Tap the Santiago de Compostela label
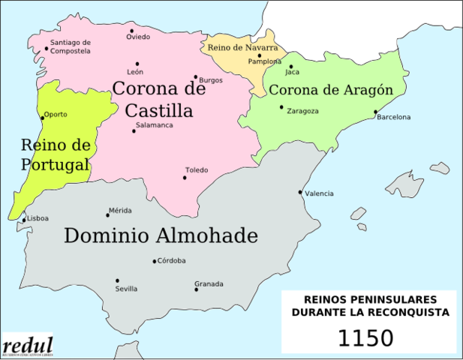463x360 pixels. (71, 46)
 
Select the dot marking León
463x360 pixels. (137, 64)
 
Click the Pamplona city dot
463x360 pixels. (259, 55)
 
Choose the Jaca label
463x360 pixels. (293, 73)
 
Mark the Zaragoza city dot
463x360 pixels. (281, 107)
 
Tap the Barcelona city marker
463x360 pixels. (375, 112)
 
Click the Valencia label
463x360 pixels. (319, 193)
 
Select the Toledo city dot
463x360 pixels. (185, 178)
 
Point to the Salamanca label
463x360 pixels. (155, 125)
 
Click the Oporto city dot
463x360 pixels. (41, 117)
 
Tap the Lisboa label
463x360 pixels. (38, 218)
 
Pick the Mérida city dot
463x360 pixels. (107, 216)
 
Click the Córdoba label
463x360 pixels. (172, 261)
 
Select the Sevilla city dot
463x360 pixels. (116, 280)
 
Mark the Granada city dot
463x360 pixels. (196, 289)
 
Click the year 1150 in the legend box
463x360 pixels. (365, 337)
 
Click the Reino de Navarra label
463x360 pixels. (242, 47)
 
